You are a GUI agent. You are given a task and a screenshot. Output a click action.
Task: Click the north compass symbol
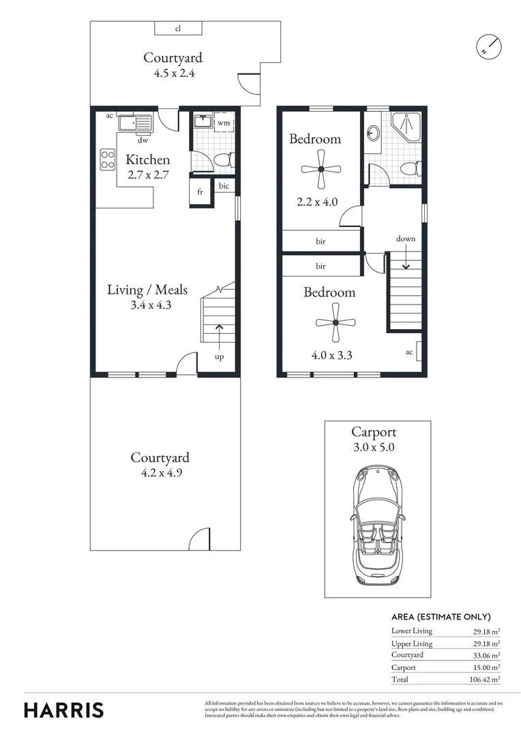[x=488, y=46]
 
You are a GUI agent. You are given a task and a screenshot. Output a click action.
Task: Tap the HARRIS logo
[x=64, y=709]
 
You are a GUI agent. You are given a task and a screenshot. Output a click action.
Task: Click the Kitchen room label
[x=148, y=159]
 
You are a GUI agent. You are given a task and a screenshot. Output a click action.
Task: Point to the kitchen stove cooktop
[x=108, y=159]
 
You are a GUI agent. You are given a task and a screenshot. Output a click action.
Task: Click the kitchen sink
[x=135, y=124]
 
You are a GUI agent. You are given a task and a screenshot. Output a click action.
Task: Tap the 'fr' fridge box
[x=200, y=192]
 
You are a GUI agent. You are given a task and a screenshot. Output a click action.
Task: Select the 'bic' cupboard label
[x=224, y=185]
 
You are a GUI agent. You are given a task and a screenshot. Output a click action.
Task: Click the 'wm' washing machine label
[x=223, y=123]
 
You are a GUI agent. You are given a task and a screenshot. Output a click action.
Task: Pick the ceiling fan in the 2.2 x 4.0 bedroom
[x=321, y=168]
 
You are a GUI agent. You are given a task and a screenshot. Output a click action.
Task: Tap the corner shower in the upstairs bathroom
[x=406, y=125]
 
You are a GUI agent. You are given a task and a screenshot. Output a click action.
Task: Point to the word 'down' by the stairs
[x=406, y=239]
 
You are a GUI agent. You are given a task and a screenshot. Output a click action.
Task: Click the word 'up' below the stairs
[x=220, y=356]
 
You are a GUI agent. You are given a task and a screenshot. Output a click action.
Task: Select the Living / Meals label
[x=147, y=290]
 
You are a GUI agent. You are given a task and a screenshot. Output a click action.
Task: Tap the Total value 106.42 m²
[x=483, y=679]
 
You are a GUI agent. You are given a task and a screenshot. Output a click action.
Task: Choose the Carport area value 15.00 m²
[x=485, y=667]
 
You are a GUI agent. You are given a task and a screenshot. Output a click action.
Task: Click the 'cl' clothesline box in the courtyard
[x=178, y=28]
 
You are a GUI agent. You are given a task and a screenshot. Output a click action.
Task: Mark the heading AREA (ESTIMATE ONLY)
[x=441, y=616]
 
